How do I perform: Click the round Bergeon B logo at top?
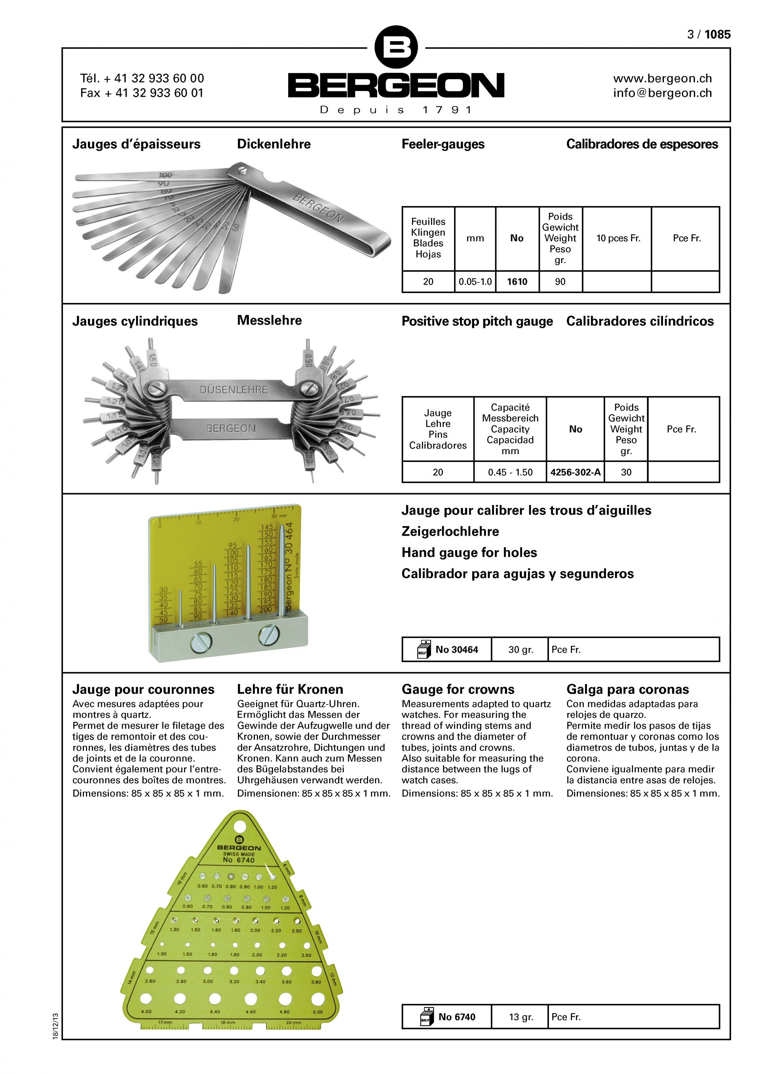pos(396,47)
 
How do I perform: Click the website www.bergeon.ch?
pos(662,79)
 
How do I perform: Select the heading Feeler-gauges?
pos(443,144)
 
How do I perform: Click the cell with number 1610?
pos(517,282)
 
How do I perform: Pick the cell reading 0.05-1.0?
pos(475,282)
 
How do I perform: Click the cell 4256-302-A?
pos(575,472)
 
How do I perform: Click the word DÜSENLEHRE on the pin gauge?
pos(234,390)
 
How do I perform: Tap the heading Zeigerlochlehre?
pos(450,531)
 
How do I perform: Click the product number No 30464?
pos(456,649)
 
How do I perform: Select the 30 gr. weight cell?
pos(521,649)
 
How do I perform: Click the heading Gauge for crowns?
pos(458,689)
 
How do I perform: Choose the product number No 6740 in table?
pos(456,1017)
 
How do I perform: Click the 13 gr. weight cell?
pos(521,1017)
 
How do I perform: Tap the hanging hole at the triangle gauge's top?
pos(239,825)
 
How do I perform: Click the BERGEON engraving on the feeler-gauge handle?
pos(318,208)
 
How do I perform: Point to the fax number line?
pos(142,93)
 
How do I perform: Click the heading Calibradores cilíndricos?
pos(640,321)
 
